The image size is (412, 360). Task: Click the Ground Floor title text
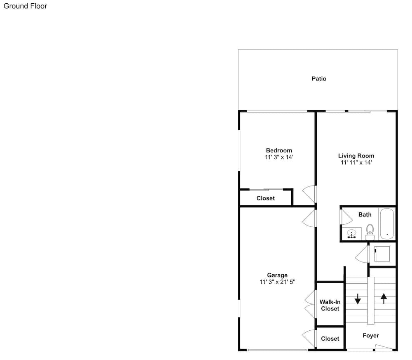tap(25, 6)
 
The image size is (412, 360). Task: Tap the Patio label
tap(319, 79)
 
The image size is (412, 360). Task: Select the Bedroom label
tap(279, 151)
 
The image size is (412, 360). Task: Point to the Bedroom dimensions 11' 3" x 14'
tap(279, 157)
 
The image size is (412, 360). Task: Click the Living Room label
tap(356, 156)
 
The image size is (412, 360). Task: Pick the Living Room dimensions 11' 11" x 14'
tap(356, 162)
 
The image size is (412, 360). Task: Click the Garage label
tap(277, 275)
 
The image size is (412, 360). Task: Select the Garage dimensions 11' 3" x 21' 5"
tap(277, 282)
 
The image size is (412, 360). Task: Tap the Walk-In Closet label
tap(330, 305)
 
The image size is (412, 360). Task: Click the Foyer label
tap(371, 336)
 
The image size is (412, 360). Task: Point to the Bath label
tap(365, 214)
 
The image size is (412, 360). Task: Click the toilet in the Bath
tap(370, 232)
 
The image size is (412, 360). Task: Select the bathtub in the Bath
tap(387, 224)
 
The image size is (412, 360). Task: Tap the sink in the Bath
tap(351, 233)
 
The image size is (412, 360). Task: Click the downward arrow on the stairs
tap(358, 299)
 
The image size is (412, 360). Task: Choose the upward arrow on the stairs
tap(384, 299)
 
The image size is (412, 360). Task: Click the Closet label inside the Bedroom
tap(266, 198)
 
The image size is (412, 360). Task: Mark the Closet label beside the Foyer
tap(330, 339)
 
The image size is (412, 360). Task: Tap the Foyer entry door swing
tap(384, 347)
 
